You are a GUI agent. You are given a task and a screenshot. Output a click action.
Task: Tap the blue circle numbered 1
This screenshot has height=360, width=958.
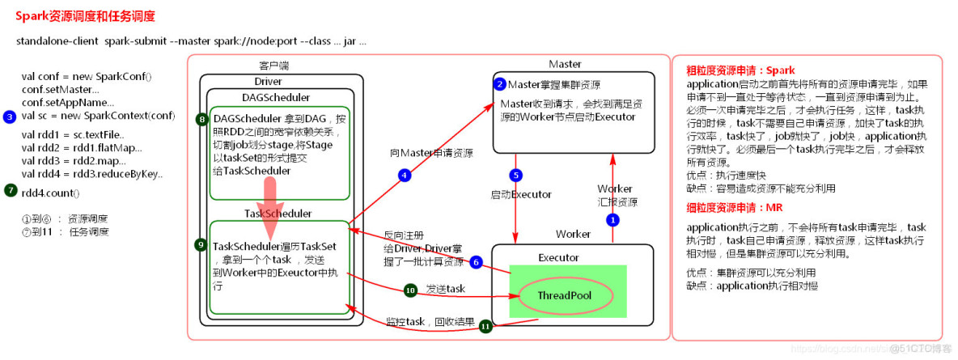(613, 219)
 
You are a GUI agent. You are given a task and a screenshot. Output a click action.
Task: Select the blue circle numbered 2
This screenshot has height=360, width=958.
(501, 84)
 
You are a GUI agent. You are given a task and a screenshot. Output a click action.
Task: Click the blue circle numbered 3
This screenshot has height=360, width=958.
(9, 116)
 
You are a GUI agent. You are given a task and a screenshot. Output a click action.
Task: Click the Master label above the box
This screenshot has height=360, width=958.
(565, 64)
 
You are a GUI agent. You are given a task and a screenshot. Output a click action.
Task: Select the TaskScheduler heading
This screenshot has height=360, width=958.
(278, 213)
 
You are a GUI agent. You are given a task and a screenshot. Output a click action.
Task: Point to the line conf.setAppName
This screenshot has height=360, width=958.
(68, 103)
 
